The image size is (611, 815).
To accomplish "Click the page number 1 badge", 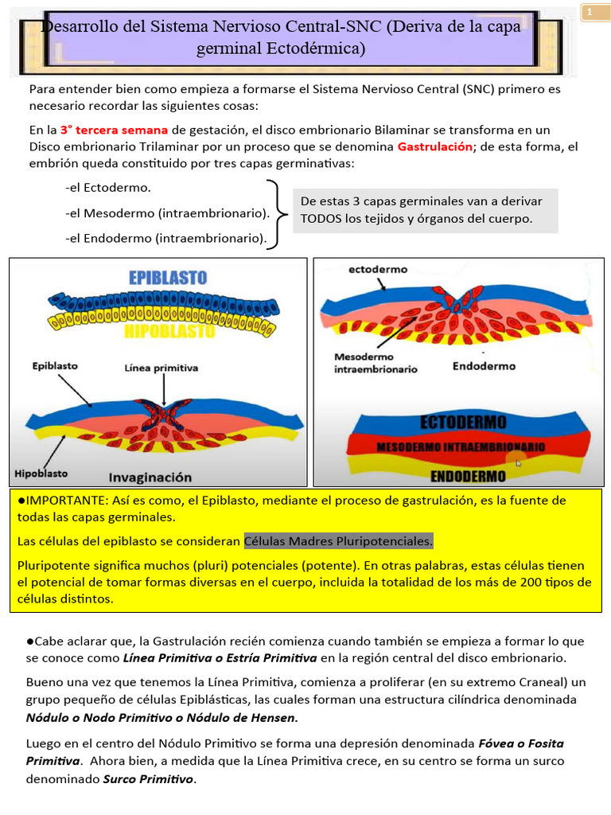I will pos(590,13).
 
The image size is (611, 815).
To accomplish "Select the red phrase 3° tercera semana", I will pos(114,130).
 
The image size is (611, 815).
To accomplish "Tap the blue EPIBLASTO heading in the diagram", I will pos(168,278).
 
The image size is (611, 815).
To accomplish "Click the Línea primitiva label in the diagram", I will pos(162,368).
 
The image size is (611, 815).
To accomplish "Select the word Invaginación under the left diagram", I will pos(150,477).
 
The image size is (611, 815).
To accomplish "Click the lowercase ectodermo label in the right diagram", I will pos(378,269).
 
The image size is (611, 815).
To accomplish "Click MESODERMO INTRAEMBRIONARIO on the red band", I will pos(461,447).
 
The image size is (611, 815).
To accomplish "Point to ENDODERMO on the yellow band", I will pos(469,477).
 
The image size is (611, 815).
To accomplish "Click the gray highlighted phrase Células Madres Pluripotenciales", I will pos(339,541).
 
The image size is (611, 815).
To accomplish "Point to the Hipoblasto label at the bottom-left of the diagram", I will pos(41,473).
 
